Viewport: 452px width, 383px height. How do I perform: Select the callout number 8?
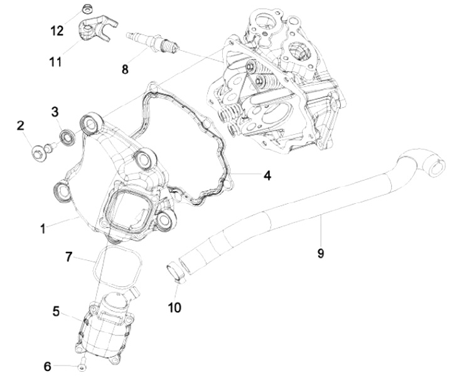[125, 69]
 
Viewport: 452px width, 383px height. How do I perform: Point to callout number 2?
[21, 126]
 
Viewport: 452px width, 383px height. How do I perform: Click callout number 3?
[55, 112]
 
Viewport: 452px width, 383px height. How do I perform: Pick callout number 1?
[43, 229]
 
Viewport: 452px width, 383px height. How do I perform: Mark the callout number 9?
[320, 253]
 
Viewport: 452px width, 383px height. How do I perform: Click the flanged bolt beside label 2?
[39, 150]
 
